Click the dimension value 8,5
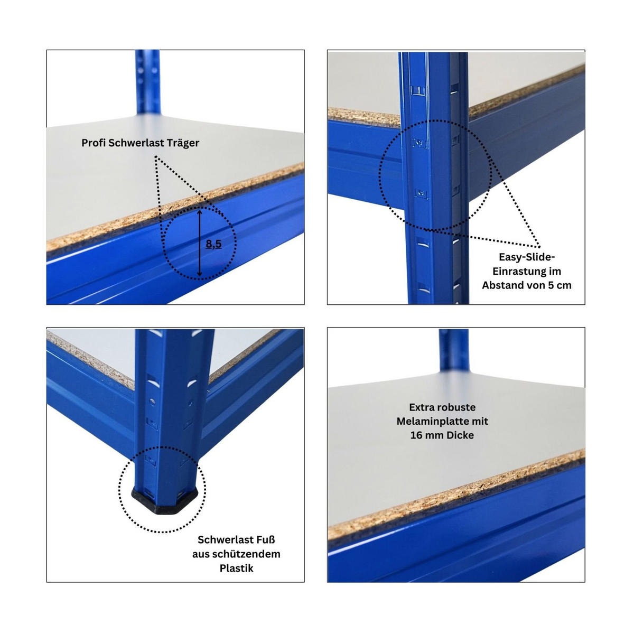point(213,244)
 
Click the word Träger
point(183,143)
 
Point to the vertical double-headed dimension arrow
point(199,243)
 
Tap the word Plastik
point(236,568)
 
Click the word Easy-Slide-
point(527,257)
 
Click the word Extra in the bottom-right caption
point(422,407)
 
